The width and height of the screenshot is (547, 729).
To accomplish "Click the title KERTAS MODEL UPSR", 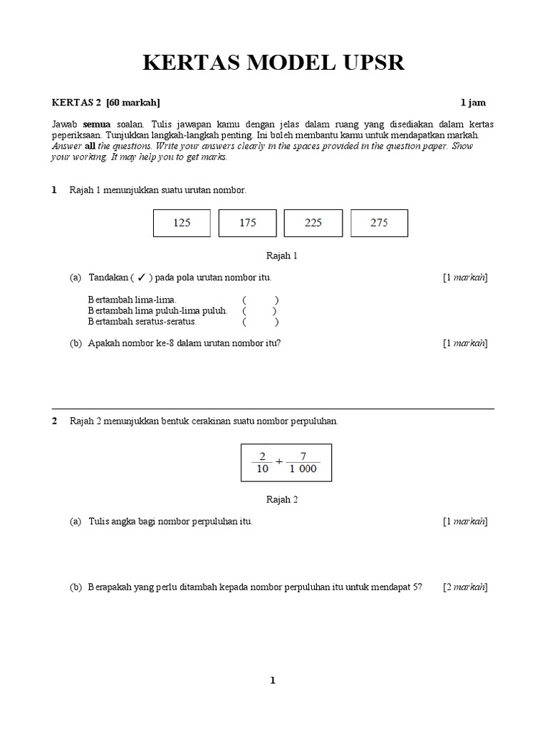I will [273, 63].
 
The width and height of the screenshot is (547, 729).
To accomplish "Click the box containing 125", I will [182, 223].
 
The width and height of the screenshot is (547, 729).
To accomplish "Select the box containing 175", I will [247, 223].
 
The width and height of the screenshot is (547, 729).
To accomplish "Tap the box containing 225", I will [313, 223].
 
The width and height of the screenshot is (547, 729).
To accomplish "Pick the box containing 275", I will [379, 223].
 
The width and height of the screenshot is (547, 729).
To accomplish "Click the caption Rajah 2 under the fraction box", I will [281, 499].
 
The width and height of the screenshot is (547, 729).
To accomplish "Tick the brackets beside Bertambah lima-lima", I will [260, 300].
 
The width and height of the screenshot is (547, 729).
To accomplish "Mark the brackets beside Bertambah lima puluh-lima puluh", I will [260, 310].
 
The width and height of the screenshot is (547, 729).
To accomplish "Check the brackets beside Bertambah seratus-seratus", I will [260, 321].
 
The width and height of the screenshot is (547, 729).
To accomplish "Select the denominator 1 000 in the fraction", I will [303, 468].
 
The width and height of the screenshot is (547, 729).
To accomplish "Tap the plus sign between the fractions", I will [279, 461].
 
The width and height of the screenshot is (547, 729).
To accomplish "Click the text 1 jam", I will [474, 103].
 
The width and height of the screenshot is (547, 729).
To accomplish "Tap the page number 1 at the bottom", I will [272, 681].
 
